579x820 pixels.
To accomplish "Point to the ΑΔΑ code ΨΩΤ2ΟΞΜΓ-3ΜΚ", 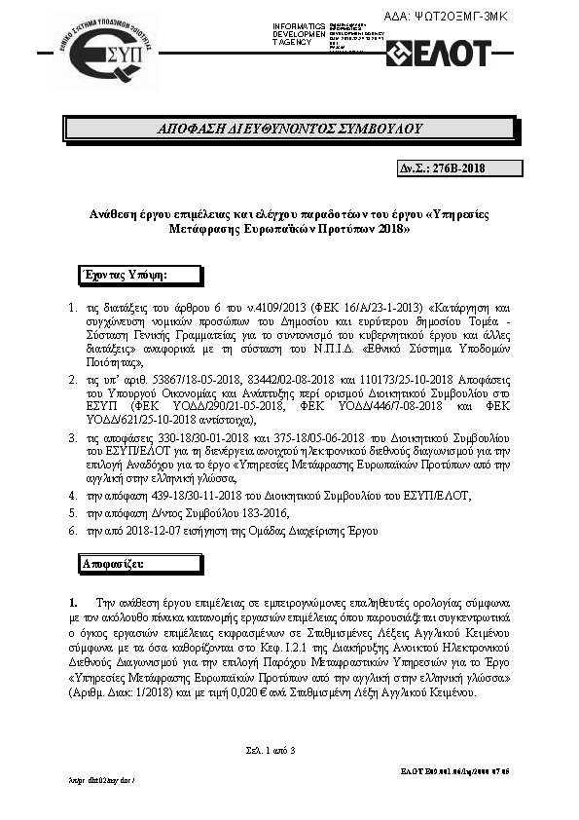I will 497,18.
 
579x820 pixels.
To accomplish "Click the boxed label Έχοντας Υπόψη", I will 126,275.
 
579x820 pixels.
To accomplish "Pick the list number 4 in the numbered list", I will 73,496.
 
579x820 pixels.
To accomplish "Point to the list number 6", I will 73,530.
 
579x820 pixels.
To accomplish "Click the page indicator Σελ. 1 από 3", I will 271,749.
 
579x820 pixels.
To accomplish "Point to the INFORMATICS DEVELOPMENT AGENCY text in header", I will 300,32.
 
